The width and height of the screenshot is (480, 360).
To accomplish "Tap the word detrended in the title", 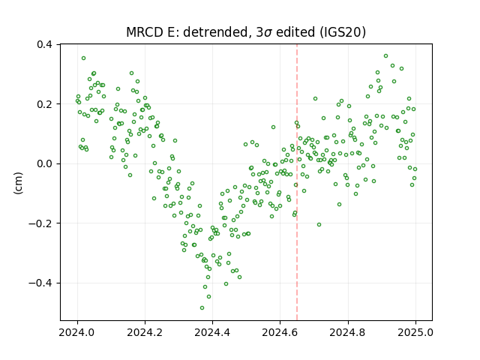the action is coord(215,32).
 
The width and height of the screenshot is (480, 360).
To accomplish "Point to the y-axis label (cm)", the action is coord(18,183).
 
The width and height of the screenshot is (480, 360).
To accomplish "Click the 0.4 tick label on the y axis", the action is coord(44,45).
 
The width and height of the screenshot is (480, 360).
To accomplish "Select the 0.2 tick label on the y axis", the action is coord(44,104).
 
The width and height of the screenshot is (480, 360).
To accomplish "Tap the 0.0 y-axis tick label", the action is coord(44,163).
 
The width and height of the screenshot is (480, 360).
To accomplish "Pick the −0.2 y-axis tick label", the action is coord(40,223).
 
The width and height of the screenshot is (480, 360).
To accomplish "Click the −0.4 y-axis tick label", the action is coord(40,283).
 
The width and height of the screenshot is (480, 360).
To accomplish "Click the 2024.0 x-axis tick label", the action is coord(77,332).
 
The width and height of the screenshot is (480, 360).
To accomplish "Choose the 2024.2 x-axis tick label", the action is coord(145,332).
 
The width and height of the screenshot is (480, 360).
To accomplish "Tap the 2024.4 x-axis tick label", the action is coord(212,332).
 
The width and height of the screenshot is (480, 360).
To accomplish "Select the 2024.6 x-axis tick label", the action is coord(280,332).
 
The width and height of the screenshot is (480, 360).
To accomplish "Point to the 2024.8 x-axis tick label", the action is coord(348,332).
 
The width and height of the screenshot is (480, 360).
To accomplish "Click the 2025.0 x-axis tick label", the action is coord(415,332).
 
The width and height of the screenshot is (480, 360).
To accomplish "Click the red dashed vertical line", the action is coord(297,182).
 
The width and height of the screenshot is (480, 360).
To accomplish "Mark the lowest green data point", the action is coord(202,307).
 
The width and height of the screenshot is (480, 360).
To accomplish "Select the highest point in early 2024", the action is coord(83,58).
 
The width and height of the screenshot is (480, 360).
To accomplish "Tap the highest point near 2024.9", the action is coord(385,55).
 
